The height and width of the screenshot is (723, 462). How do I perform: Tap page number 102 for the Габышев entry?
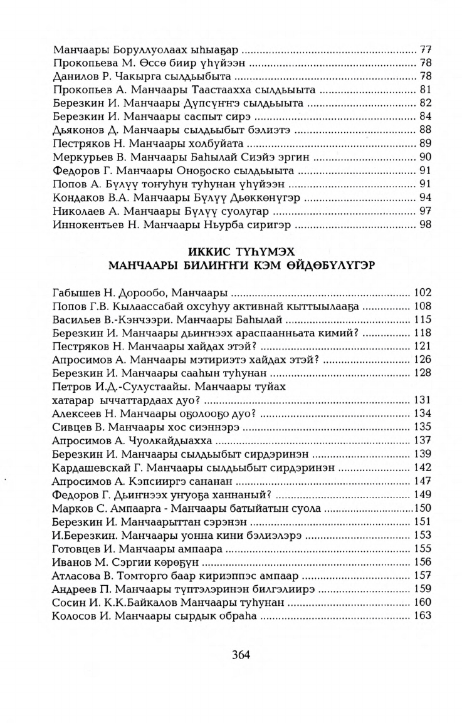(423, 293)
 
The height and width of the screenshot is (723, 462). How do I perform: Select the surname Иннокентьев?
(87, 224)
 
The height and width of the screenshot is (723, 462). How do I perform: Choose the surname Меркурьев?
(79, 156)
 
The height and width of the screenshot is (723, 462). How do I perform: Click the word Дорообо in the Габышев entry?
(139, 293)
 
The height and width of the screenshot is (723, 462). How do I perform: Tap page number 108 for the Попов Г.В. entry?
(423, 307)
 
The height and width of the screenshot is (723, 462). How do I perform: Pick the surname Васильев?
(76, 320)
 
